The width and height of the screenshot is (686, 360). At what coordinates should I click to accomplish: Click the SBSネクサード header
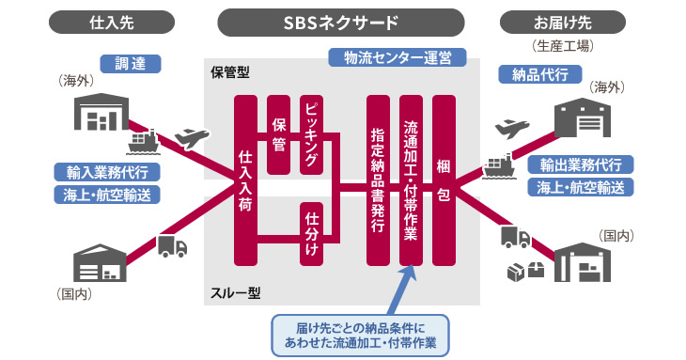click(341, 20)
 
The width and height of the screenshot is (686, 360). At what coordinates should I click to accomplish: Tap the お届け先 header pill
click(573, 20)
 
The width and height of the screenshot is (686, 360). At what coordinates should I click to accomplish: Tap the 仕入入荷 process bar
click(246, 180)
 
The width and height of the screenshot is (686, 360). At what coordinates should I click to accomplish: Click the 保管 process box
click(279, 134)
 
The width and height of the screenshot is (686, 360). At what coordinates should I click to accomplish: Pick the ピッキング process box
click(312, 134)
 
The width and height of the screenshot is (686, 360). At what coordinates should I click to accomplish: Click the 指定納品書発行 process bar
click(378, 180)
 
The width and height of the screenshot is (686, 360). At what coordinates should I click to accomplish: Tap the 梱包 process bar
click(444, 180)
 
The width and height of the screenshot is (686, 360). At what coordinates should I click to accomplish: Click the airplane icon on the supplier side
click(190, 138)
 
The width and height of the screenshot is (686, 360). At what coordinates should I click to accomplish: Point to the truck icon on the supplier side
click(172, 245)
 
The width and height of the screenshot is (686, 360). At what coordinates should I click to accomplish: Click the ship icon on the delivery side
click(497, 165)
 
